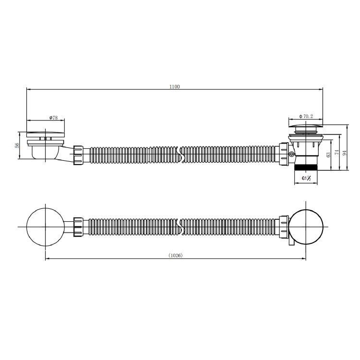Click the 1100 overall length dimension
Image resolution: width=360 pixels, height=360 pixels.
coord(175,86)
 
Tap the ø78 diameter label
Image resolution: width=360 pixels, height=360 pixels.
coord(53,118)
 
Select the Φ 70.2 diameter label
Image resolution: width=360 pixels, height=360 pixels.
coord(306,117)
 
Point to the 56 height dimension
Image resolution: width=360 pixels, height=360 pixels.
coord(16,145)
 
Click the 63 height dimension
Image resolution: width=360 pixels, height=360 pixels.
coord(328,155)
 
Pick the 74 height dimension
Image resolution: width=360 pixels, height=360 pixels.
coord(337,152)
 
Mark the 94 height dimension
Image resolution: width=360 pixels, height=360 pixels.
coord(344,153)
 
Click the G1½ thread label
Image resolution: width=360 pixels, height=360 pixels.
coord(306,178)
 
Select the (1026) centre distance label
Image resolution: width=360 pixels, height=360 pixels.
coord(175,255)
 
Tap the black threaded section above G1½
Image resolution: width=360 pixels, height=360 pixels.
coord(306,167)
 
